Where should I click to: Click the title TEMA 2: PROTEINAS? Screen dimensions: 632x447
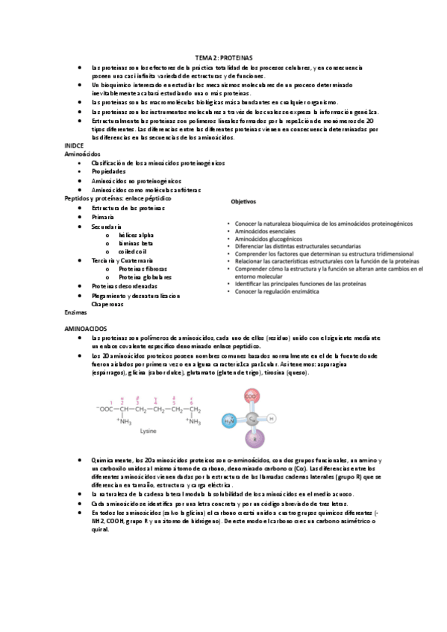coord(224,57)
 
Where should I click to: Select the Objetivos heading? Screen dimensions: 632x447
coord(243,201)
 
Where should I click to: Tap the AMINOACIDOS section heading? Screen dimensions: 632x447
coord(87,329)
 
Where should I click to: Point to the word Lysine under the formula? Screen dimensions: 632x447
coord(149,431)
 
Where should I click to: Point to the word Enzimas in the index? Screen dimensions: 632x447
coord(76,312)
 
